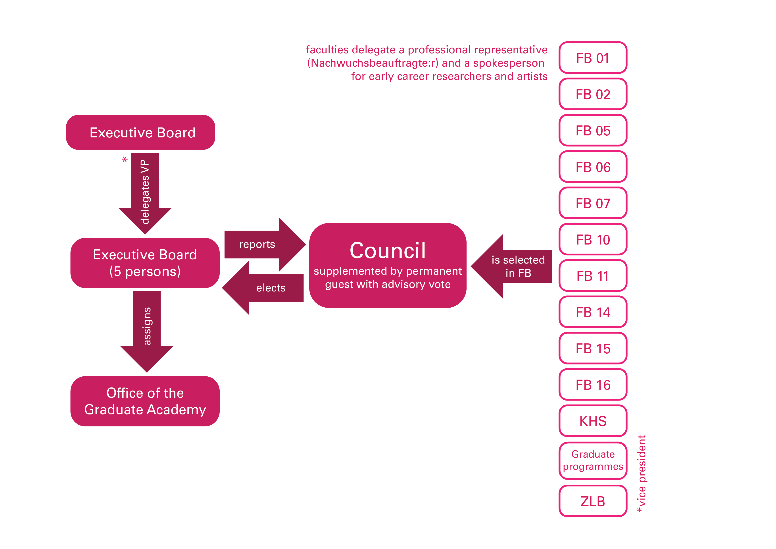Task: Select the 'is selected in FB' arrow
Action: [x=514, y=266]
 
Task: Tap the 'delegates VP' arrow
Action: [x=145, y=193]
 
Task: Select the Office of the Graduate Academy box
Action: [x=145, y=401]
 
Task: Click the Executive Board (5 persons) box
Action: [x=145, y=263]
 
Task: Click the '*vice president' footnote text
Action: [x=642, y=473]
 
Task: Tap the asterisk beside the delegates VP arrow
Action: [x=125, y=160]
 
